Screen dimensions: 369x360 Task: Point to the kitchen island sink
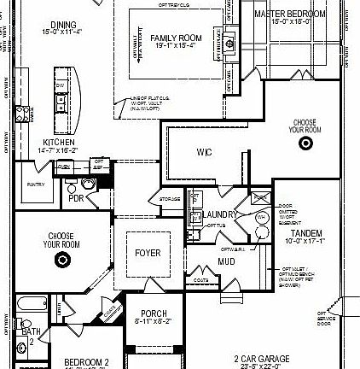click(x=61, y=87)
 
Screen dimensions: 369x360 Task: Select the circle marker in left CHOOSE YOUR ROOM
click(x=61, y=258)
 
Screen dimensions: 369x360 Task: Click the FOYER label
click(x=148, y=253)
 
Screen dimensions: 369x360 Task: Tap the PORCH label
click(x=154, y=313)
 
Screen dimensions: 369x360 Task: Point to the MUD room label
click(x=226, y=261)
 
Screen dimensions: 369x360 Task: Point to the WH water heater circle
click(x=260, y=220)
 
